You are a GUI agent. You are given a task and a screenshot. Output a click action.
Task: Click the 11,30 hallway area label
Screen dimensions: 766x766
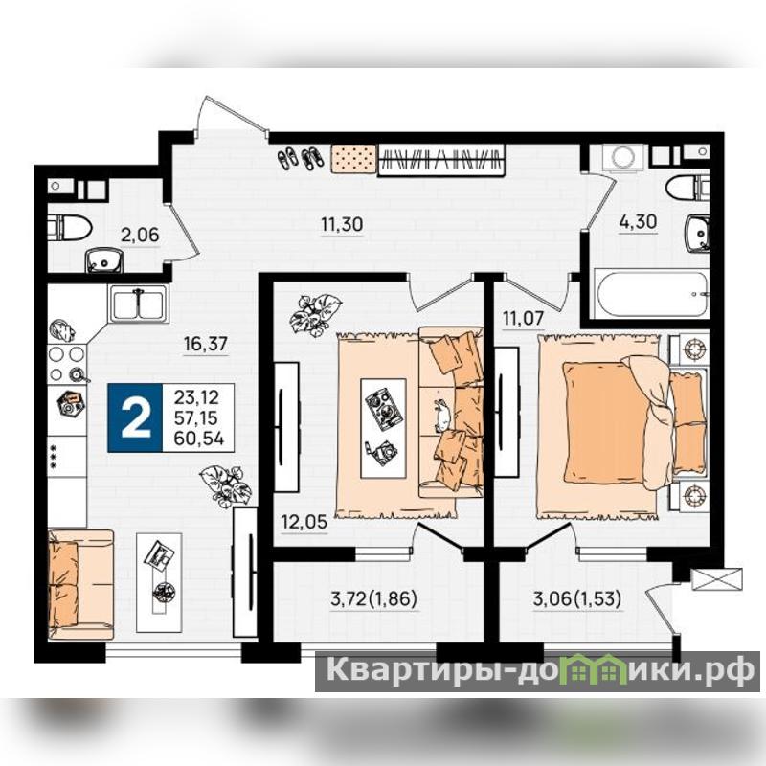342,224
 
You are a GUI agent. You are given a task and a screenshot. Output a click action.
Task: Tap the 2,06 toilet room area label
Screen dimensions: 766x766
140,235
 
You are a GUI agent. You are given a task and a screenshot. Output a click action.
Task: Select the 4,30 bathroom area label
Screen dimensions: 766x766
638,222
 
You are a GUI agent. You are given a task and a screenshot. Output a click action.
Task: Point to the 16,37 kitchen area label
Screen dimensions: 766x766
206,344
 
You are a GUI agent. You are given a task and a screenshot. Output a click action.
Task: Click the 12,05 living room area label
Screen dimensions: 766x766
304,522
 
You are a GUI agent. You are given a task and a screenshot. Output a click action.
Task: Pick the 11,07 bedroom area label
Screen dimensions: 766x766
523,319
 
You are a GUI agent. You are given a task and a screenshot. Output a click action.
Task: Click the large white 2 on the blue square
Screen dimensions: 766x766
135,417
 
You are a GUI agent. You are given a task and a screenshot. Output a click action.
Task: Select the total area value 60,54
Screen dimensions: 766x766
199,439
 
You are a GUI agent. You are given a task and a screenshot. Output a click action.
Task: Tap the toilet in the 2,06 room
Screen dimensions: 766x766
70,229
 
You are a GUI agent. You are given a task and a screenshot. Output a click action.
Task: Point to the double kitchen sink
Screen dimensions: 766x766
139,304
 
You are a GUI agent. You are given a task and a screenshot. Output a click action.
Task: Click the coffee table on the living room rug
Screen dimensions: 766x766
383,428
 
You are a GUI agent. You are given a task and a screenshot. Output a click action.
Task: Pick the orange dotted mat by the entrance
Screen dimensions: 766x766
353,158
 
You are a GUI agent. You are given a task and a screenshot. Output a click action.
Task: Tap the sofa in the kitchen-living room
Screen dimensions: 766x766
81,585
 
